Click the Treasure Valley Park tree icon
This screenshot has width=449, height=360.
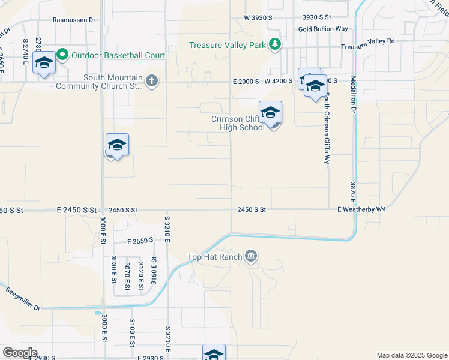coord(274,44)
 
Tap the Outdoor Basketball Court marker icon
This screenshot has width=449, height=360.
coord(62,55)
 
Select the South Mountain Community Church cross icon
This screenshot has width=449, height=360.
coord(151,81)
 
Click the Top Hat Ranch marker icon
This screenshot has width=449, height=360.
coord(251,257)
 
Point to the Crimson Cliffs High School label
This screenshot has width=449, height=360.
coord(238,123)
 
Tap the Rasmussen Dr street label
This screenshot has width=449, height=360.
coord(74,20)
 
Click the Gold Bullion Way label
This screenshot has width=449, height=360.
coord(323,29)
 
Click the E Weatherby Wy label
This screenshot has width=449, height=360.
coord(361,209)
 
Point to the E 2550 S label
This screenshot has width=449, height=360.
coord(140,240)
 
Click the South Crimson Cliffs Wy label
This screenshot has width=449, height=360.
coord(327,128)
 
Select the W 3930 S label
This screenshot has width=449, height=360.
coord(258,18)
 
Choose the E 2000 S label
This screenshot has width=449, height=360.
coord(246,81)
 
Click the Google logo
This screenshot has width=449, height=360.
coord(20,353)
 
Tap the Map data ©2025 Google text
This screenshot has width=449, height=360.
coord(411,355)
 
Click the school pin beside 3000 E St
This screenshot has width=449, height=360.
coord(117,146)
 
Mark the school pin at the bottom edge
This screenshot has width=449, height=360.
coord(214,353)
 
